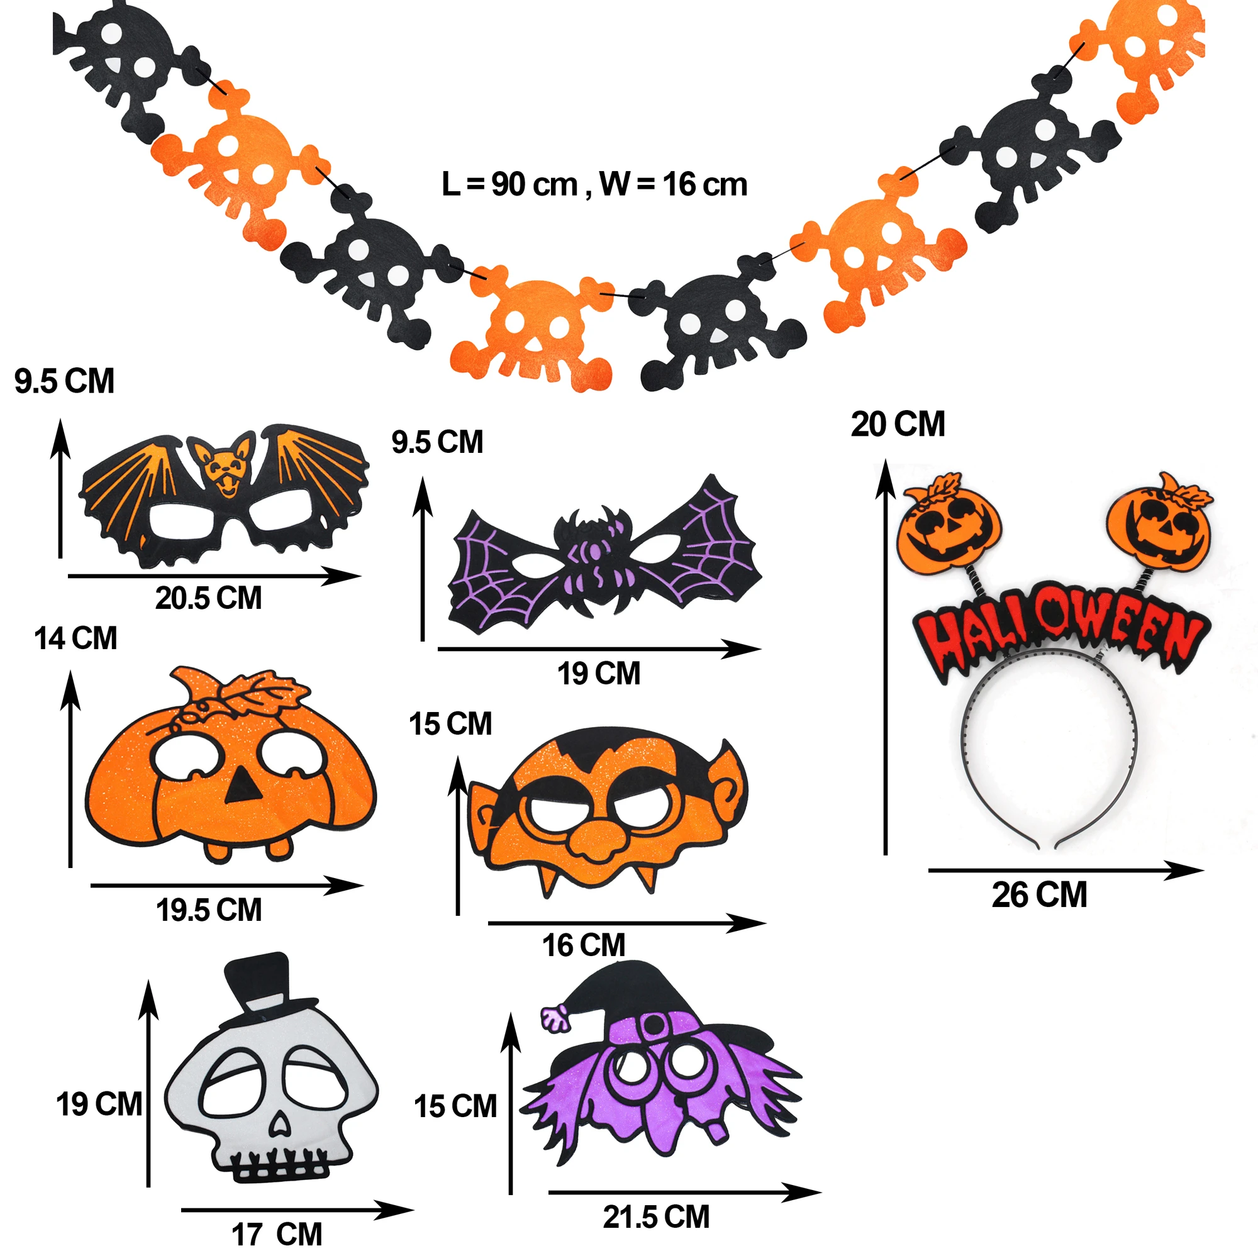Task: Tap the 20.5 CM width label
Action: coord(208,598)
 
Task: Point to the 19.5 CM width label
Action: coord(208,910)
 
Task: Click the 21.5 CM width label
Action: coord(655,1217)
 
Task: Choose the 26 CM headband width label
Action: coord(1039,894)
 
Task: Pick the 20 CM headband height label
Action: coord(898,425)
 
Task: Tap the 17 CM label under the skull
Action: coord(277,1234)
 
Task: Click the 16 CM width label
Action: coord(584,945)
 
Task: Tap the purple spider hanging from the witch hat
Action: coord(555,1018)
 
